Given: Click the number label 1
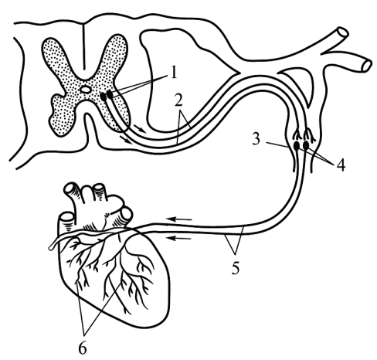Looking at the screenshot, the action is tap(174, 72).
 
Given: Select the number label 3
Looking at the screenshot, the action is tap(256, 139).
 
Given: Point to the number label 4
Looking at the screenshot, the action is tap(341, 165).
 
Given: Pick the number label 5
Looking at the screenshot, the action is tap(235, 268).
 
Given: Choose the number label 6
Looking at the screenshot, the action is tap(83, 348).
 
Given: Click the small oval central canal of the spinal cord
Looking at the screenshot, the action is tap(85, 90).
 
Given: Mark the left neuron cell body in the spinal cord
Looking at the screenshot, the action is tap(104, 97).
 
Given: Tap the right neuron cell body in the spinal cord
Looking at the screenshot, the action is tap(110, 94).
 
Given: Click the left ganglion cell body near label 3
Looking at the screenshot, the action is tap(297, 146).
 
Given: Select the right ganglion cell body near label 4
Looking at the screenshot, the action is tap(306, 145).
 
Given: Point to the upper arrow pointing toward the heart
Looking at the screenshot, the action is tap(179, 219).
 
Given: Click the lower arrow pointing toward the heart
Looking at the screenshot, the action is tap(179, 238).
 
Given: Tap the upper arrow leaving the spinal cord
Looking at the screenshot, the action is tap(140, 129).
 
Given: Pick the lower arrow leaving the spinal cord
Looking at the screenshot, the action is tap(125, 139).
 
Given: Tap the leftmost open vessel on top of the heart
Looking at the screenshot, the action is tap(66, 219).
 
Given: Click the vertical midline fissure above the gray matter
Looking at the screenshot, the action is tap(83, 46).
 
